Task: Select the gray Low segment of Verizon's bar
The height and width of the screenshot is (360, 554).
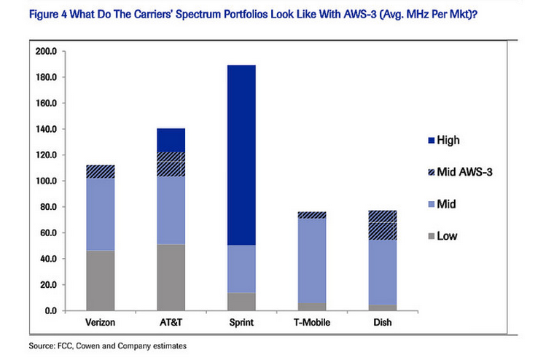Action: [x=101, y=281]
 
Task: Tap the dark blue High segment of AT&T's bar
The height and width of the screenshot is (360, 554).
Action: [x=171, y=140]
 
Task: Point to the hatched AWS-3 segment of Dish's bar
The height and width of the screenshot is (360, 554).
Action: [x=382, y=225]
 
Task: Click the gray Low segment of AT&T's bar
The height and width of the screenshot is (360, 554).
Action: [x=171, y=277]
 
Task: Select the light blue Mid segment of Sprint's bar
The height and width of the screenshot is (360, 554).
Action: [x=241, y=269]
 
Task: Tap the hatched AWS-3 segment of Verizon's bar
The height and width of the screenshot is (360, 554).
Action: [x=101, y=171]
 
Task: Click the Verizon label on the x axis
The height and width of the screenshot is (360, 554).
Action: [x=101, y=322]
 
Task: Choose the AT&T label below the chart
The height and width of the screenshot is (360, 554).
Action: [x=171, y=322]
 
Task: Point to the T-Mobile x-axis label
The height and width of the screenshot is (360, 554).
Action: [x=311, y=322]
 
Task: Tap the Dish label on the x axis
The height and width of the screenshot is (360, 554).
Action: [x=382, y=322]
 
